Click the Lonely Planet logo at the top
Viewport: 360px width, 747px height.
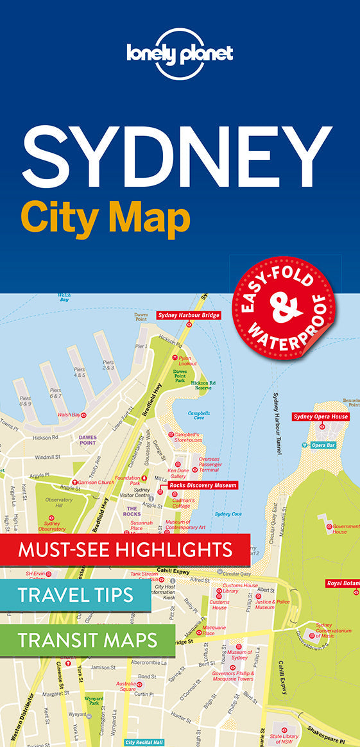click(x=180, y=55)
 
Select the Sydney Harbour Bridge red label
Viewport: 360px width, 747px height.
click(x=188, y=315)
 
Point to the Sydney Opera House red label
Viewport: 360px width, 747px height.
click(x=321, y=416)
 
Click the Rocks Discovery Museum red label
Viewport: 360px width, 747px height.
click(x=203, y=485)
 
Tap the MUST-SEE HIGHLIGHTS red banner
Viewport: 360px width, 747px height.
click(x=125, y=549)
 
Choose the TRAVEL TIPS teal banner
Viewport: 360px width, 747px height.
click(x=76, y=595)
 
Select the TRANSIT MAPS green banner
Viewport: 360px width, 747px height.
click(x=87, y=639)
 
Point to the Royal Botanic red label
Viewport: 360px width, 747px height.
click(x=342, y=583)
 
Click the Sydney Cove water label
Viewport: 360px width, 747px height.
click(x=228, y=513)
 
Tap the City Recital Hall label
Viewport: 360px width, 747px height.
click(x=144, y=742)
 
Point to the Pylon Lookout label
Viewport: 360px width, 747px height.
click(x=187, y=361)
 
